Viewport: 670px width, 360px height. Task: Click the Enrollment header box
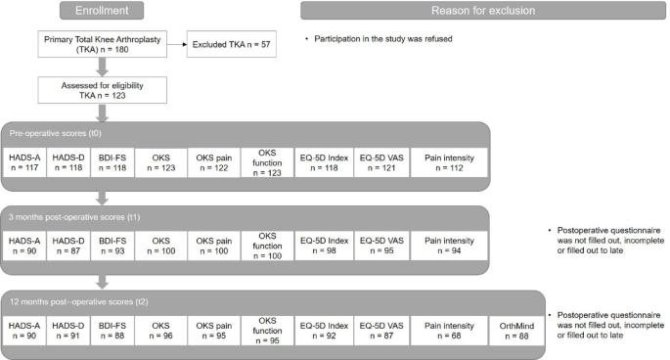click(x=95, y=10)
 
